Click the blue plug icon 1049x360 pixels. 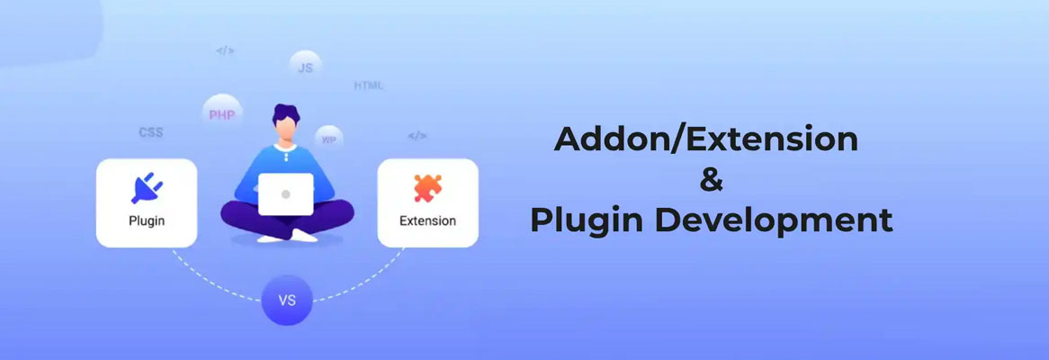tap(146, 186)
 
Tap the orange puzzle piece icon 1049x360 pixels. tap(427, 187)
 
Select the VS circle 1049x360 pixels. tap(287, 300)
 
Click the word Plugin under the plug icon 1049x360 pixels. tap(146, 220)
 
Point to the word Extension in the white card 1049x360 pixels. tap(427, 220)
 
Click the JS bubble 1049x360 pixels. tap(305, 67)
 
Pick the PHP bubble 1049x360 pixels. tap(221, 114)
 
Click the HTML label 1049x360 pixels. tap(368, 85)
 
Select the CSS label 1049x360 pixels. tap(150, 132)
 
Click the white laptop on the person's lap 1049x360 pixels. tap(286, 194)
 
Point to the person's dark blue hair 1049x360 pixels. tap(286, 116)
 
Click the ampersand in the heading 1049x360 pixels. tap(711, 180)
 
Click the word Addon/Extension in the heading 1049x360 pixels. tap(705, 139)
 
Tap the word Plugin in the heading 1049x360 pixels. tap(573, 220)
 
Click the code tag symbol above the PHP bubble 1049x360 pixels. tap(225, 50)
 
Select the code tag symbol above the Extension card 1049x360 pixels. tap(417, 136)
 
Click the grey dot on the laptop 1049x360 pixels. tap(286, 194)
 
